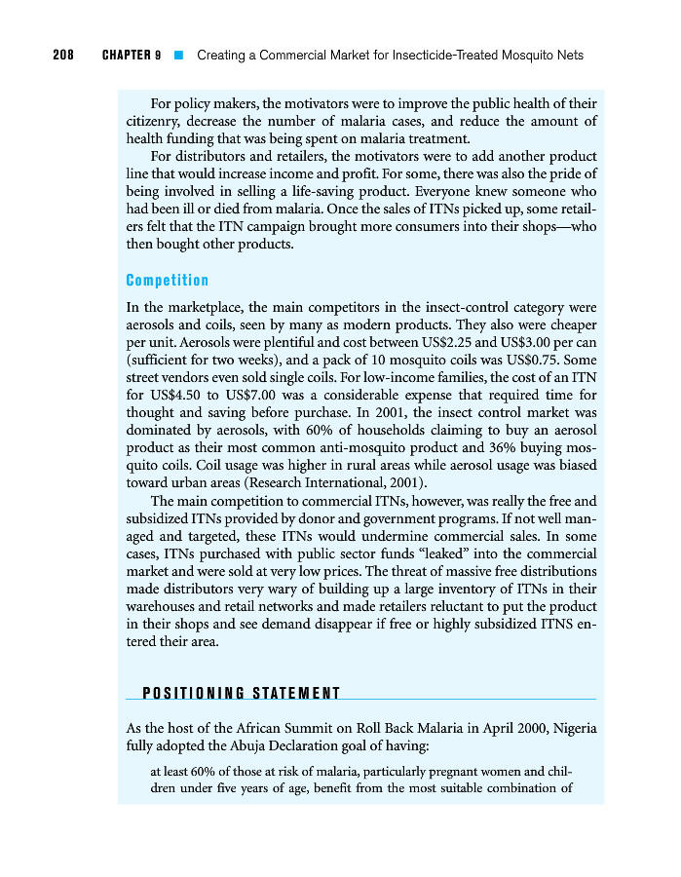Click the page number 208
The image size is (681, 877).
[64, 56]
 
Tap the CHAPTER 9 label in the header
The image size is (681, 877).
[131, 56]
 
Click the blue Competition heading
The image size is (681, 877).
[168, 281]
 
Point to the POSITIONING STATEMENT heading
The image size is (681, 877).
[242, 694]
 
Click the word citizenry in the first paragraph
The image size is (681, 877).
[158, 121]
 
